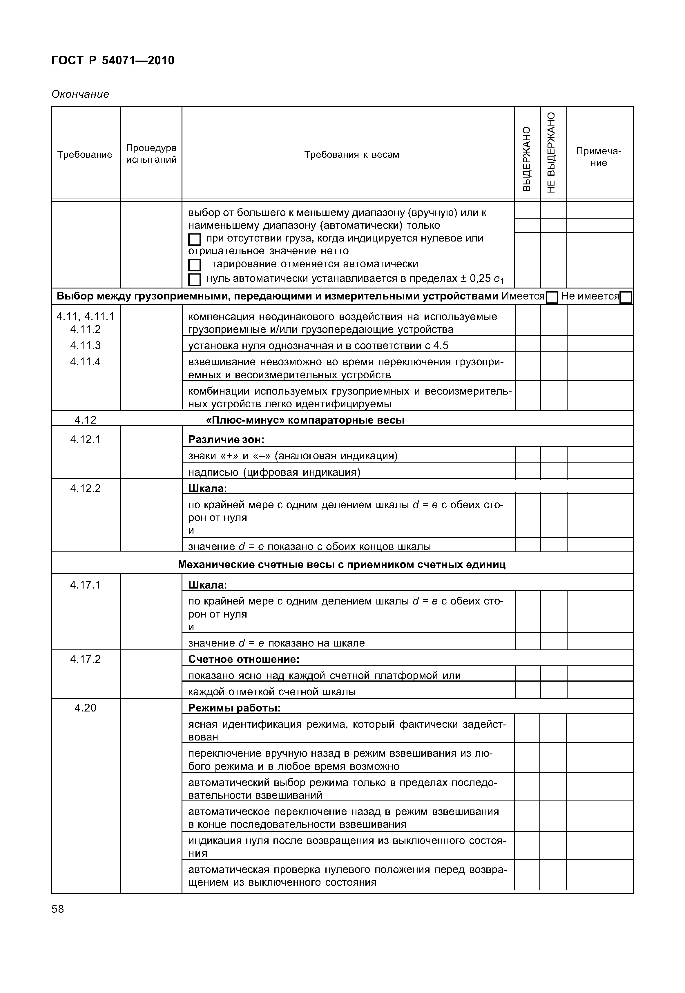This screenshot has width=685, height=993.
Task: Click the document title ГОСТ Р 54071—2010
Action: [x=113, y=61]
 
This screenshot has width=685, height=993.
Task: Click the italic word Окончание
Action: [x=80, y=94]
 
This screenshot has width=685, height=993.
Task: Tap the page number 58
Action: [x=57, y=909]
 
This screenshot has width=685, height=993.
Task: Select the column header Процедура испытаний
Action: [x=151, y=154]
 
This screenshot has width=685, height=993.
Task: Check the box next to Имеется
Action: [x=552, y=297]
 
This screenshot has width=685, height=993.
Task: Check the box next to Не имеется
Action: [x=626, y=297]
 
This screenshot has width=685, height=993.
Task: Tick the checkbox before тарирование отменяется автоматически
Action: [x=194, y=265]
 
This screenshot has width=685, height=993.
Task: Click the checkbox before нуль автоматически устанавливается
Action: [x=194, y=280]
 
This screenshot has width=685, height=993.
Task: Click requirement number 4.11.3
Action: [x=86, y=345]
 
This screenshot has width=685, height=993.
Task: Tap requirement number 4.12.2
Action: [x=86, y=488]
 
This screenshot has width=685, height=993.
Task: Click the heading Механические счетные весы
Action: [x=342, y=564]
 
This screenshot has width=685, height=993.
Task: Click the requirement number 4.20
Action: [x=86, y=708]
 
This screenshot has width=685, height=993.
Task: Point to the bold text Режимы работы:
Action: [x=234, y=708]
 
